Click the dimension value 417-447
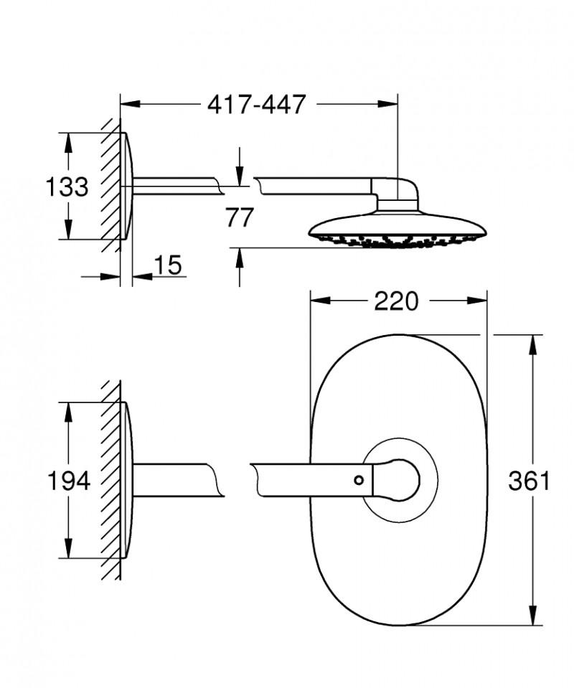[256, 104]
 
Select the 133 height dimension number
[67, 187]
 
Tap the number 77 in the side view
[239, 217]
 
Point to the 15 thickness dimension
[167, 265]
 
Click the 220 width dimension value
[395, 301]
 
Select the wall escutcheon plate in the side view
[126, 187]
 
